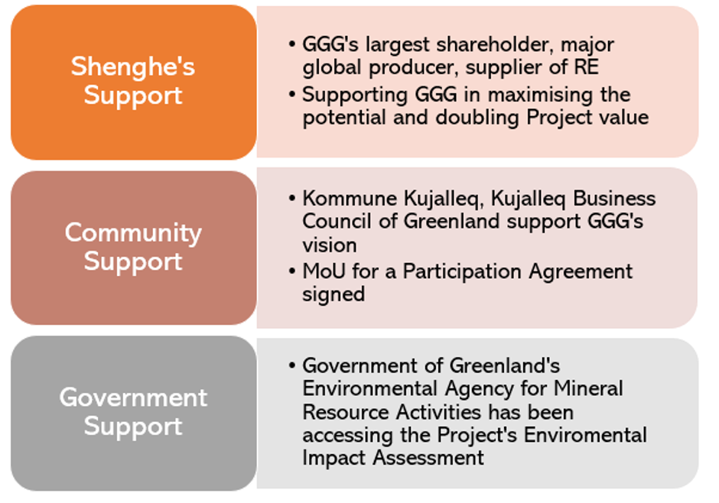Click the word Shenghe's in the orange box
point(133,67)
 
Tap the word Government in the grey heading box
point(133,397)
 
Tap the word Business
point(614,198)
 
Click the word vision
point(329,245)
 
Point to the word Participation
point(462,272)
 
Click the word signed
point(333,294)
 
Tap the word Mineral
point(588,388)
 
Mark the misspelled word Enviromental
point(585,435)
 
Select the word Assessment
point(428,458)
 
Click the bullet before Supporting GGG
point(292,94)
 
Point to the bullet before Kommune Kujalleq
point(292,198)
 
